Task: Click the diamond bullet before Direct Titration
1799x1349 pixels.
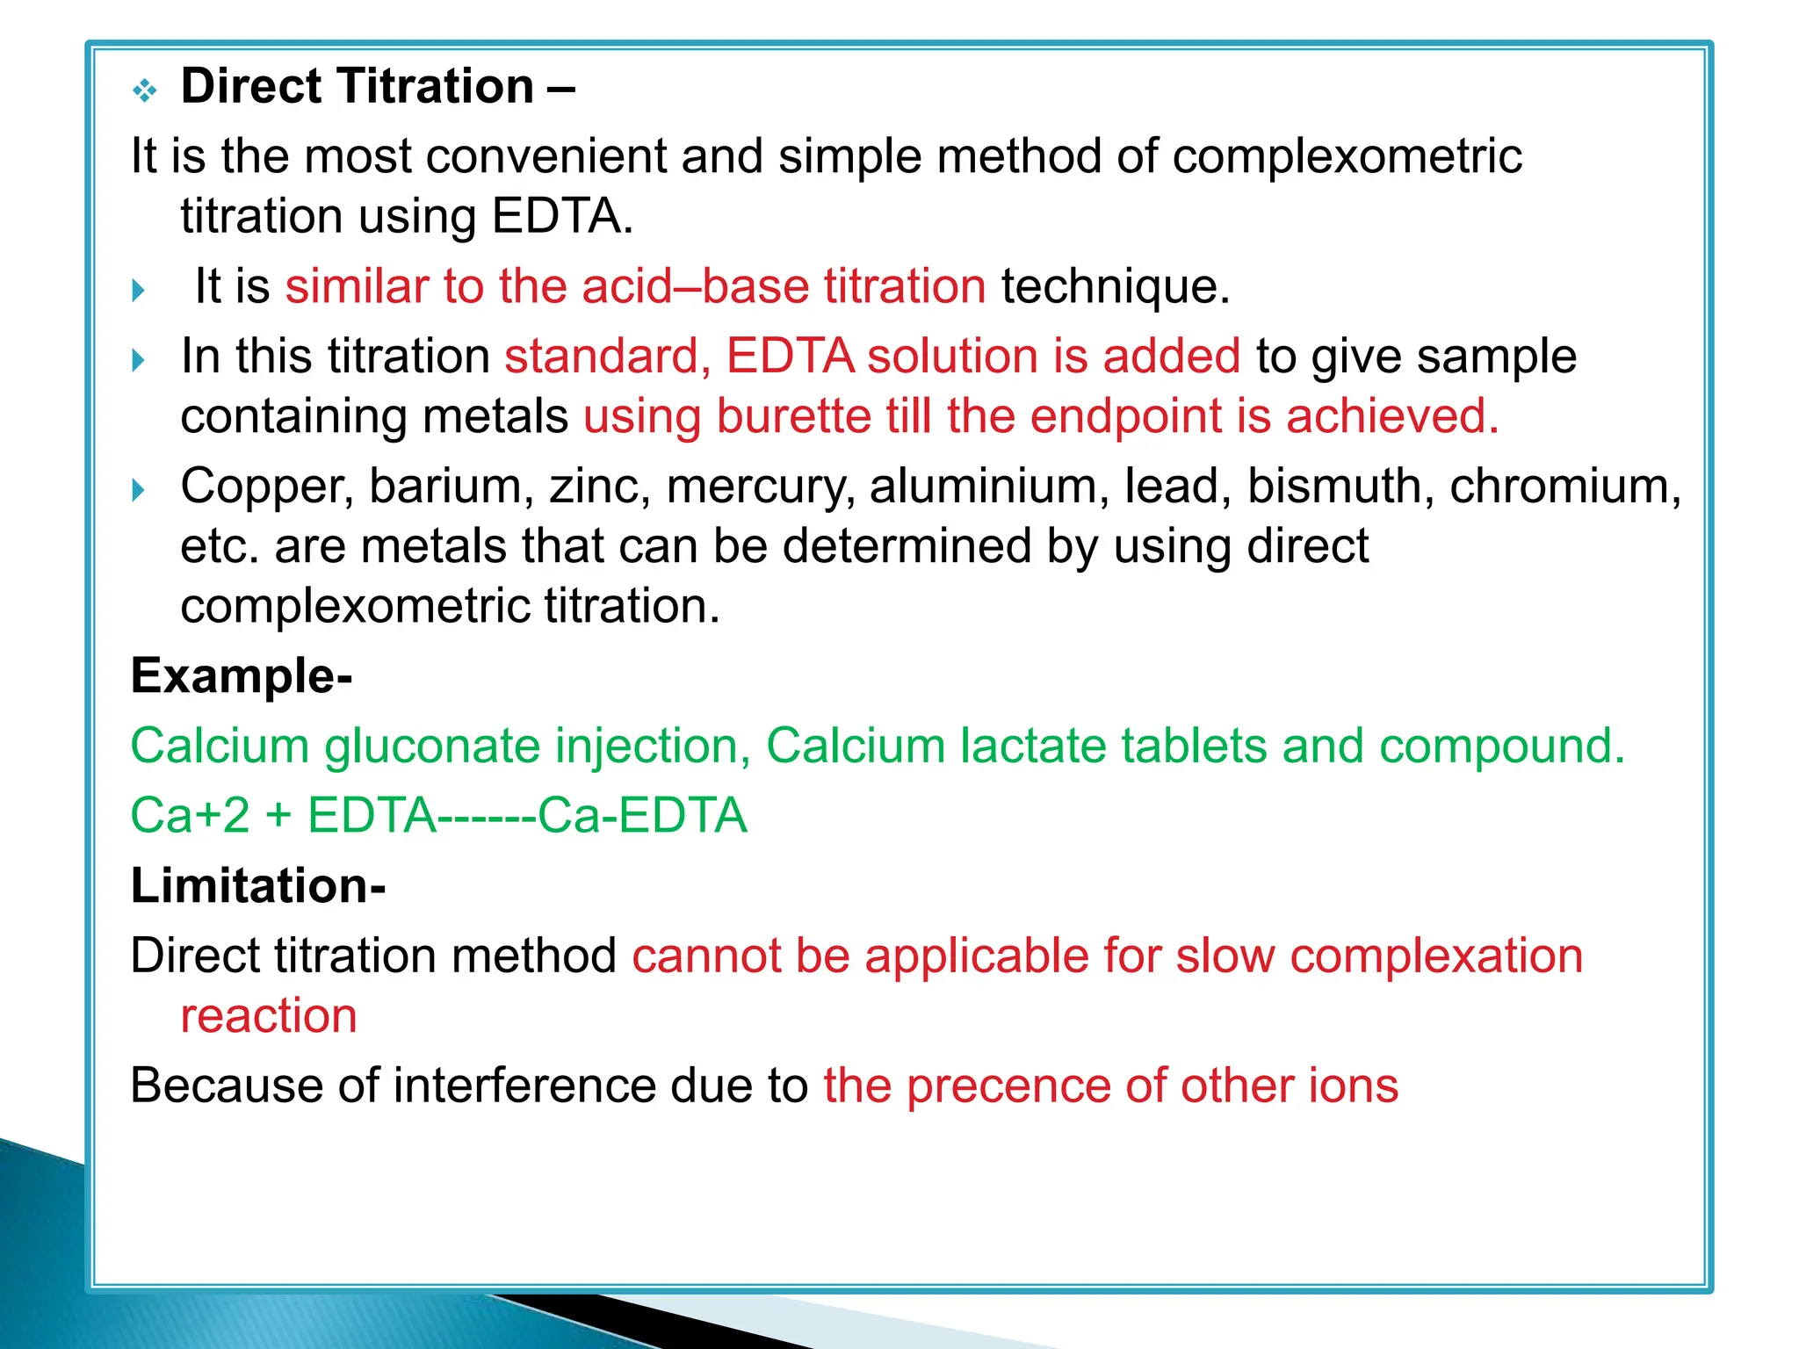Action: tap(144, 90)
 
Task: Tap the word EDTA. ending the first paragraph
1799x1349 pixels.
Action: tap(562, 216)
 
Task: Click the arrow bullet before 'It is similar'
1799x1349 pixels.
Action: tap(138, 290)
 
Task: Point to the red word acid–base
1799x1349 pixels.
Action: tap(695, 286)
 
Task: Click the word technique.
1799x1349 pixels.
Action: tap(1116, 286)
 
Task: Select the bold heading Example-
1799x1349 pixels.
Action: tap(242, 676)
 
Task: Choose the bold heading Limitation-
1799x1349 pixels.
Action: tap(258, 885)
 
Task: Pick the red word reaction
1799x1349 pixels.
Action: tap(269, 1017)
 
